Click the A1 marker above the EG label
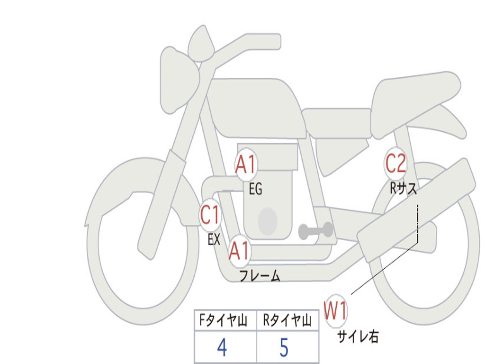(246, 164)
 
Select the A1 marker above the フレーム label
(240, 250)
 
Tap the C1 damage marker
(210, 215)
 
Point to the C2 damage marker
(395, 163)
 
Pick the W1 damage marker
(336, 310)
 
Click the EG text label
(255, 189)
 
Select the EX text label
(214, 239)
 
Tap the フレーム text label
(260, 275)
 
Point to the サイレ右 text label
(358, 336)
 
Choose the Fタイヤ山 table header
(224, 320)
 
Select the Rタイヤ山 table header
(287, 320)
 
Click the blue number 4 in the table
(222, 347)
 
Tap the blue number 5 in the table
(284, 347)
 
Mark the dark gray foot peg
(315, 230)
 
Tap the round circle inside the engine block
(268, 221)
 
